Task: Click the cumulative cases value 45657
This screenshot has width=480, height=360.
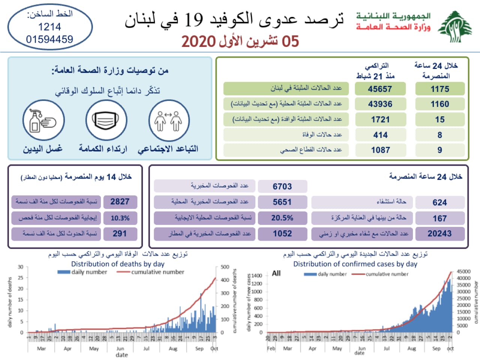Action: click(380, 89)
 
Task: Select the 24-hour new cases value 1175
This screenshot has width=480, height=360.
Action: click(439, 89)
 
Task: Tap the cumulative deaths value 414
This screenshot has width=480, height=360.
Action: click(380, 135)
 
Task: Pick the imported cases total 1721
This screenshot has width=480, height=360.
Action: click(380, 120)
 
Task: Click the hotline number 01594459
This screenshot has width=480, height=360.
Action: click(49, 39)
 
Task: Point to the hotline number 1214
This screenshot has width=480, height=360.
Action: click(49, 27)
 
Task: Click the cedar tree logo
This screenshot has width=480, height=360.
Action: click(455, 27)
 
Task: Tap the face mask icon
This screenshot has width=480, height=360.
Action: click(106, 120)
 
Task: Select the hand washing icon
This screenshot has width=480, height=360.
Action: click(43, 120)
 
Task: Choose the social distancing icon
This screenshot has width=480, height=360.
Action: click(169, 120)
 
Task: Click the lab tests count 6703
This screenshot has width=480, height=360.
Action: click(282, 186)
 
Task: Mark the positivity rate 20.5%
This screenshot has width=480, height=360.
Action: click(282, 218)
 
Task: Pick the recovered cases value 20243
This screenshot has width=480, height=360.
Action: click(439, 234)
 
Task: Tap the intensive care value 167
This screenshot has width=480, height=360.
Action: click(439, 218)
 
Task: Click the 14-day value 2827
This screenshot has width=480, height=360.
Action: click(120, 202)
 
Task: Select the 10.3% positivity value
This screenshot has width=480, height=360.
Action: click(120, 218)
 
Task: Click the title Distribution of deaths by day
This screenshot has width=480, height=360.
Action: click(118, 264)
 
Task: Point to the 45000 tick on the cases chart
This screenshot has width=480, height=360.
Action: click(463, 271)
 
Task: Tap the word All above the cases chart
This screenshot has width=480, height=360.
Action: click(276, 273)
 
